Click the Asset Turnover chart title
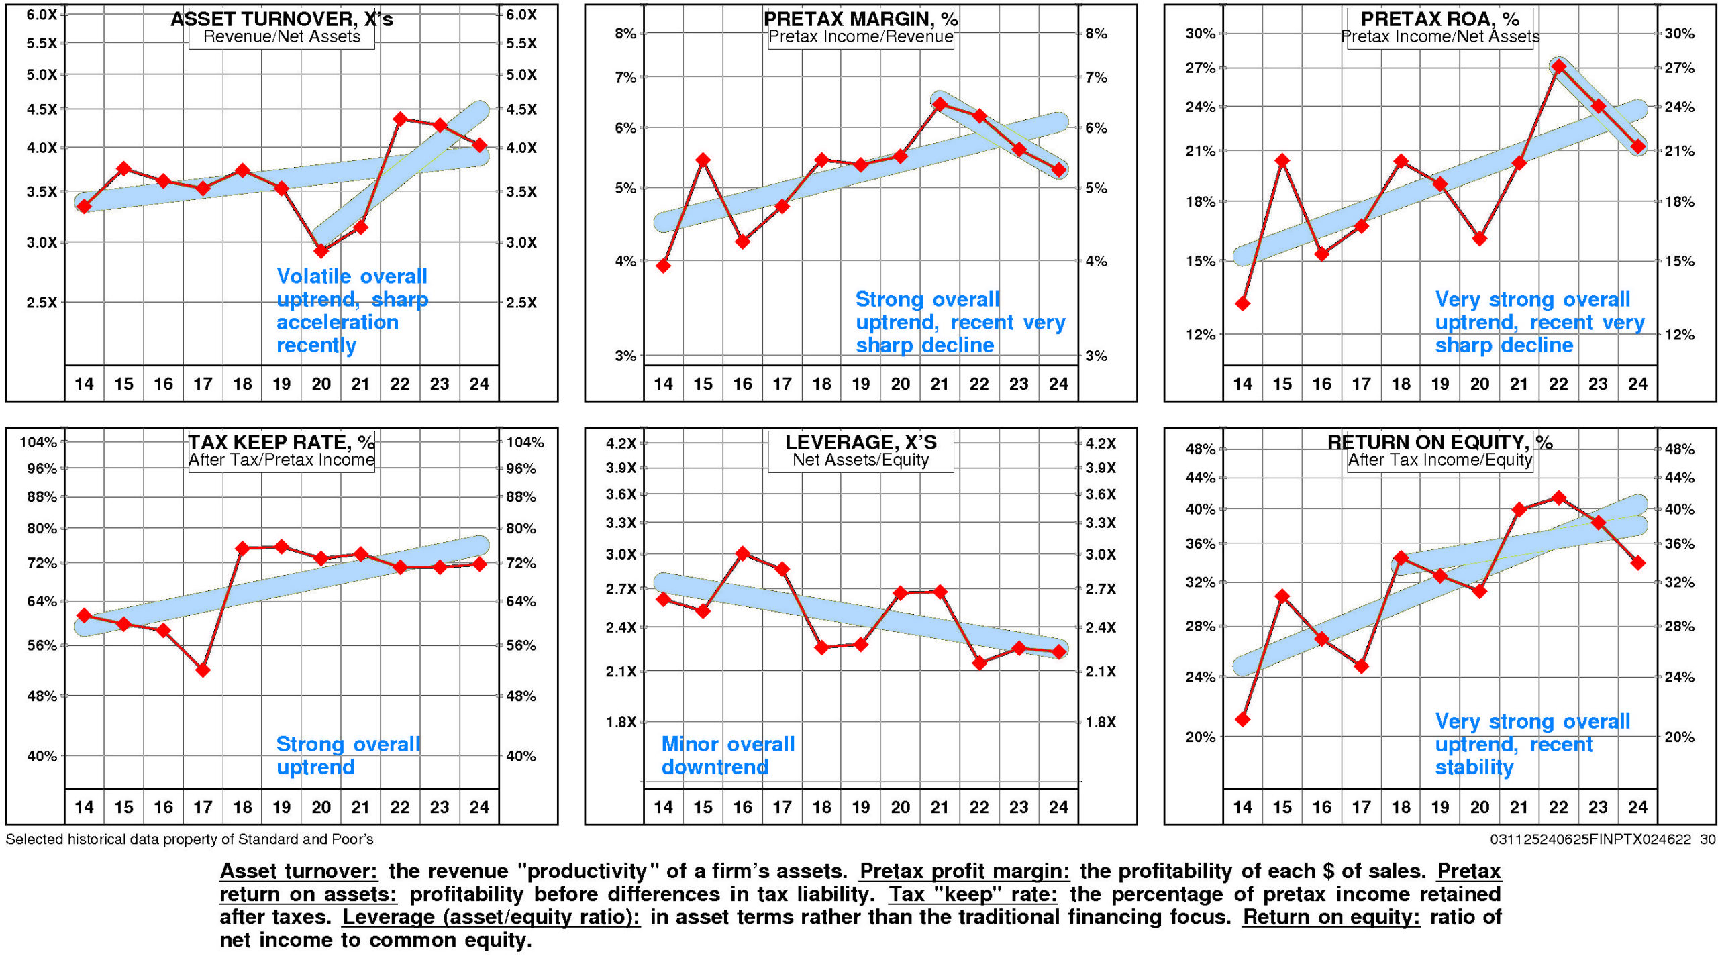281,19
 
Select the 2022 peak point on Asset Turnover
400,119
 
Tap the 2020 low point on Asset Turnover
321,251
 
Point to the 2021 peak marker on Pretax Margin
940,104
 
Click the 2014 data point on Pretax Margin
663,266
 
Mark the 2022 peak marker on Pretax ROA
1559,66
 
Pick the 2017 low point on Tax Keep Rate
203,670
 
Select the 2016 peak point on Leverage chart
742,553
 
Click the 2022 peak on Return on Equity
1559,498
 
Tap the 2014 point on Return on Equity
1242,719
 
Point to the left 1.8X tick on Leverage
621,722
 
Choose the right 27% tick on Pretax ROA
1679,68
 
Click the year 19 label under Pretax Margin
861,384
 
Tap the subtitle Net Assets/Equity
860,460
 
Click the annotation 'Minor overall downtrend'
727,755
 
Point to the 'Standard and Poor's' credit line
189,839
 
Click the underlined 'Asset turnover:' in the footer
299,871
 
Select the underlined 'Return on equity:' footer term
1331,916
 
